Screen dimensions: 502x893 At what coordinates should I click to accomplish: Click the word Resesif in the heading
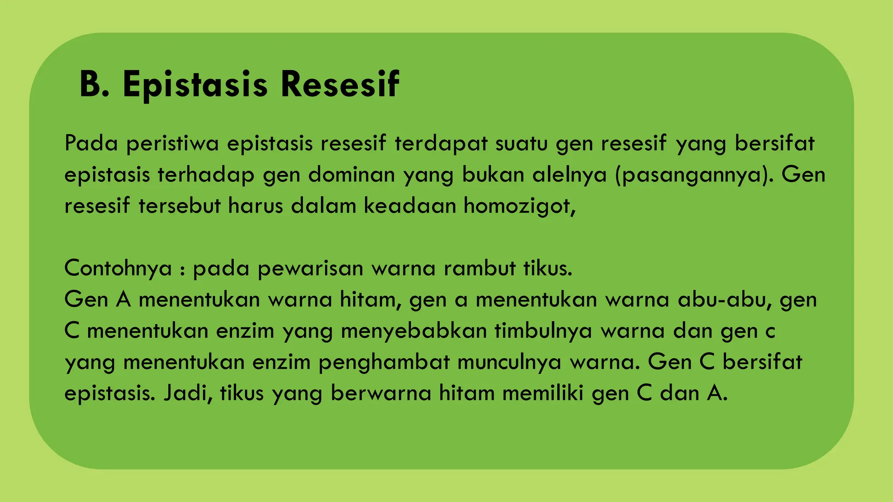click(x=340, y=84)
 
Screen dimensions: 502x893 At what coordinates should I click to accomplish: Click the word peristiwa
click(x=172, y=144)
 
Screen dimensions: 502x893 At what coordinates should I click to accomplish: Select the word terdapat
click(x=441, y=144)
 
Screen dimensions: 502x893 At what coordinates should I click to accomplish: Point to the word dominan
click(x=351, y=175)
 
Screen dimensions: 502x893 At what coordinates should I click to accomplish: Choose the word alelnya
click(x=569, y=175)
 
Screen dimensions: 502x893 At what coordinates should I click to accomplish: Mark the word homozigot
click(x=519, y=206)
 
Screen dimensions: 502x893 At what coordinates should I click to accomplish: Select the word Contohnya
click(x=118, y=268)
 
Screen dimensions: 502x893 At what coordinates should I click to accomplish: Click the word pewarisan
click(x=310, y=268)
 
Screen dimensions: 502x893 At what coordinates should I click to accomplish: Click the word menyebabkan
click(x=414, y=331)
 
